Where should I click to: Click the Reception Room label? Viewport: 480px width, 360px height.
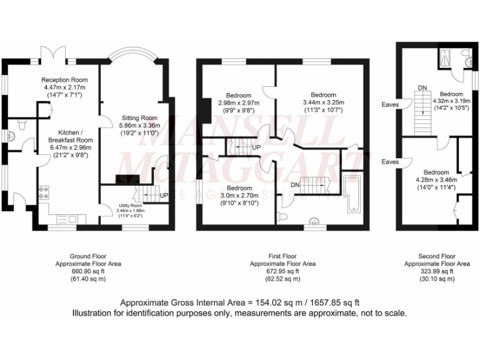pyautogui.click(x=64, y=80)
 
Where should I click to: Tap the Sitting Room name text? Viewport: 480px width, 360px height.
pyautogui.click(x=139, y=117)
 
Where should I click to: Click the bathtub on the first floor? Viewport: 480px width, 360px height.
pyautogui.click(x=351, y=193)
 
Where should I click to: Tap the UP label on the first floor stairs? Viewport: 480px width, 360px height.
pyautogui.click(x=256, y=147)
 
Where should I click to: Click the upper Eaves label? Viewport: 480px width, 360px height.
pyautogui.click(x=391, y=105)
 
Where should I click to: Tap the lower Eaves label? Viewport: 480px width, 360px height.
pyautogui.click(x=391, y=162)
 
